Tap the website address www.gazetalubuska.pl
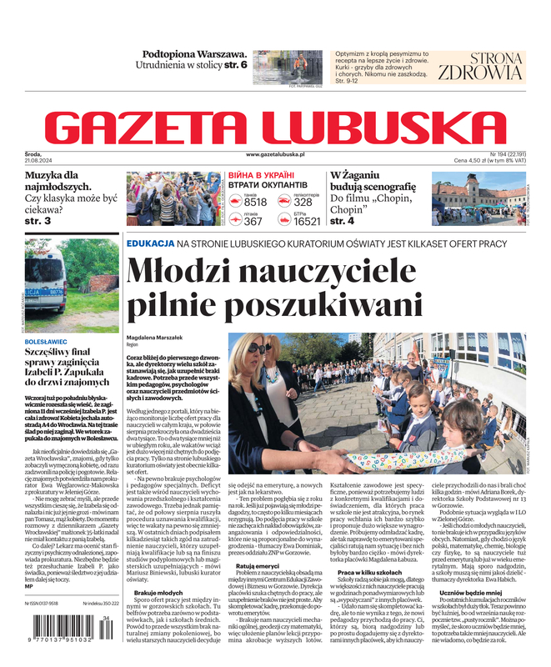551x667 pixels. point(275,155)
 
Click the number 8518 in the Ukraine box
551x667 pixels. point(255,203)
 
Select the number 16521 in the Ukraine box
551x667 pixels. point(307,222)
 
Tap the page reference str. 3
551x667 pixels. point(37,221)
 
